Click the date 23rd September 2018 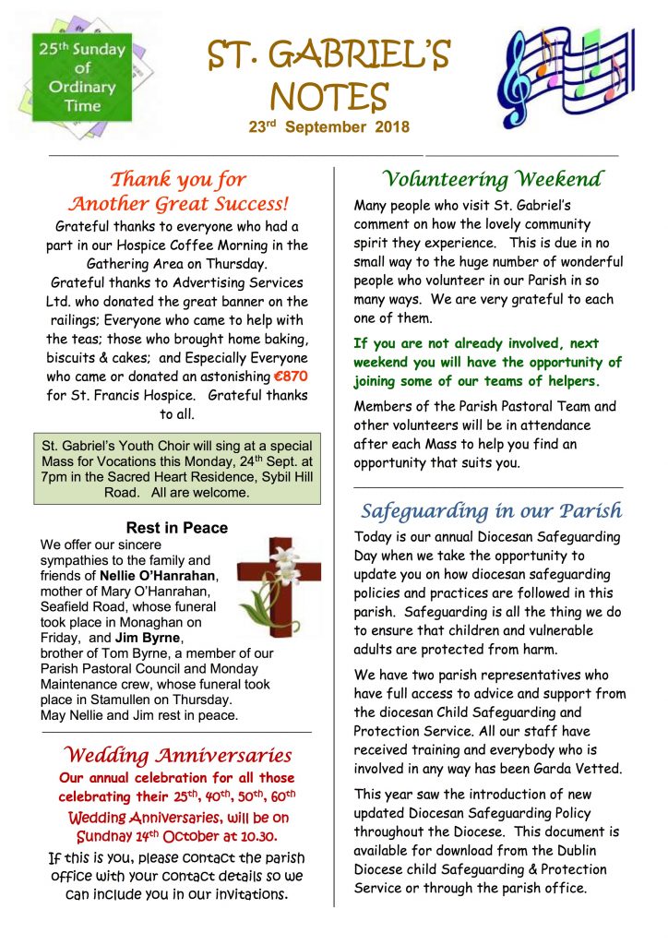click(328, 127)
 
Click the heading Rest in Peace click(176, 529)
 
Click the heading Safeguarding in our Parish click(491, 510)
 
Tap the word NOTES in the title click(328, 96)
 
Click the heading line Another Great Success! click(179, 203)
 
